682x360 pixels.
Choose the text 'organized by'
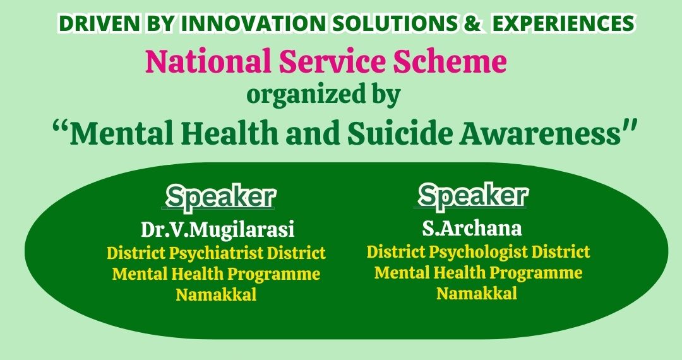click(323, 95)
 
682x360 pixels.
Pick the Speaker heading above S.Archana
click(473, 195)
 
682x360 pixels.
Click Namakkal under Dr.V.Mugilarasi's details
click(216, 294)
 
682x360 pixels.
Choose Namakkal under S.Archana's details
click(477, 293)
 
